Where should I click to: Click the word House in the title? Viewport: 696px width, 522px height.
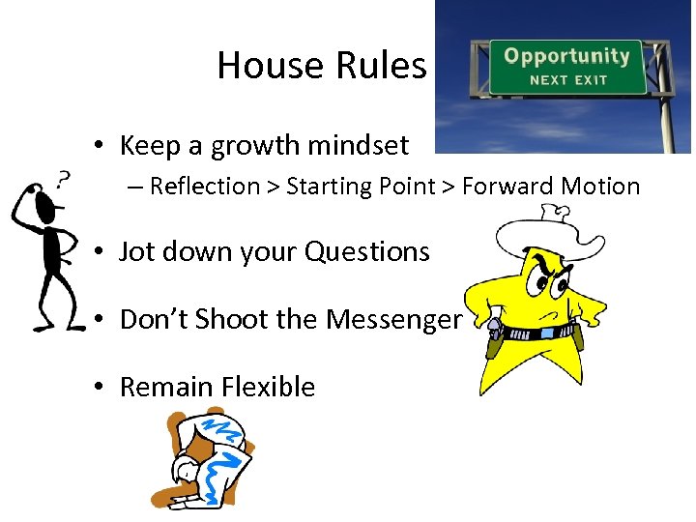coord(271,66)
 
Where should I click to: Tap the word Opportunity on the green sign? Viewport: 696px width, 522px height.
coord(565,55)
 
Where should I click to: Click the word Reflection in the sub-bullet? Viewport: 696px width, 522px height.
coord(205,187)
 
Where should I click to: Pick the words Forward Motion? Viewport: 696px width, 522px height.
coord(550,187)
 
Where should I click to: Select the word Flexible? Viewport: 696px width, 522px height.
coord(268,387)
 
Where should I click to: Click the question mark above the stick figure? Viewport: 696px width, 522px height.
coord(64,179)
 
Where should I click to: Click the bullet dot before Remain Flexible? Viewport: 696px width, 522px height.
coord(100,388)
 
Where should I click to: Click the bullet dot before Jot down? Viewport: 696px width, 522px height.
coord(100,253)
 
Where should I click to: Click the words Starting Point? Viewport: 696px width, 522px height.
coord(357,187)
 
